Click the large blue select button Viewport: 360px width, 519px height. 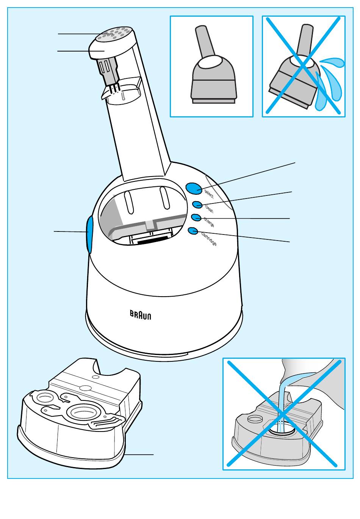click(193, 188)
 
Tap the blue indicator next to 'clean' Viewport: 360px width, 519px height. click(197, 205)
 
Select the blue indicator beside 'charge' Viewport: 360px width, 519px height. click(196, 217)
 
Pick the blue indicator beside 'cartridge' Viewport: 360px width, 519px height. click(193, 230)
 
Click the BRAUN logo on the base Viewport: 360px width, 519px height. click(141, 315)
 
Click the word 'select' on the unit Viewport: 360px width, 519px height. click(209, 194)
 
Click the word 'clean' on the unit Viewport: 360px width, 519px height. click(209, 208)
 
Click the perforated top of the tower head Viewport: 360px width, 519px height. click(114, 34)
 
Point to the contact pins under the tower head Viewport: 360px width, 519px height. click(114, 88)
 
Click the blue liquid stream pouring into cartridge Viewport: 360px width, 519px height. click(282, 405)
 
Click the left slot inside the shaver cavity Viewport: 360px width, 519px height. click(128, 202)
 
